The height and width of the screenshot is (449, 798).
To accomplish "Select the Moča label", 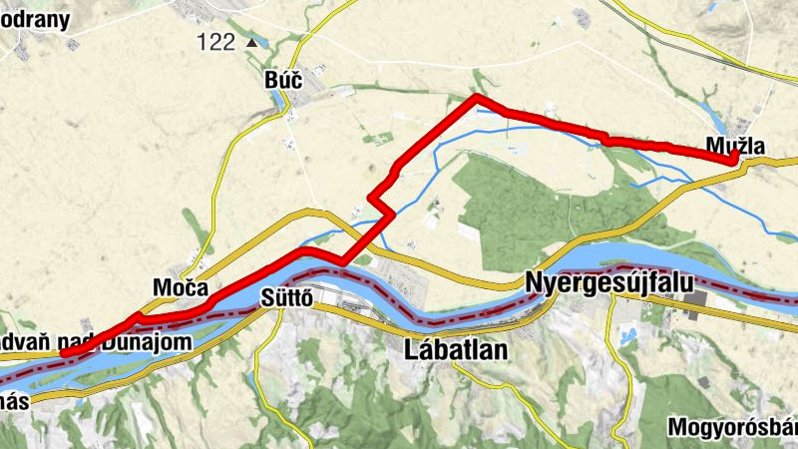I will (181, 287).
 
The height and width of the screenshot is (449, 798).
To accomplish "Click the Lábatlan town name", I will (456, 350).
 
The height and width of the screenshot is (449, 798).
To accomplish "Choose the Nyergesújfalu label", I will (608, 282).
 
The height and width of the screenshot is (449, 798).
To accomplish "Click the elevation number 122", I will (215, 42).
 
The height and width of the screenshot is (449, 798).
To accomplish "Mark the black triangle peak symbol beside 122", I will (252, 42).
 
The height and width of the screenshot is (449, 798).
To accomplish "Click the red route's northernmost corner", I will (477, 97).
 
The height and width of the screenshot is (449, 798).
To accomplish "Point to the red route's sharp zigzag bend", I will (379, 201).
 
